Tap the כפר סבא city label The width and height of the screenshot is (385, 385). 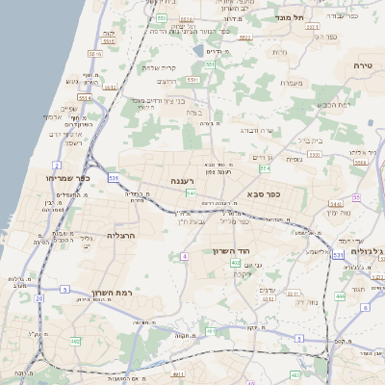pos(287,193)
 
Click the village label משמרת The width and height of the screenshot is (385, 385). pos(292,83)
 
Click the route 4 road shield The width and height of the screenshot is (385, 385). pos(183,256)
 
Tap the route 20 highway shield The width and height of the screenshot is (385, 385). pos(38,298)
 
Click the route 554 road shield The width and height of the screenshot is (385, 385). pos(263,168)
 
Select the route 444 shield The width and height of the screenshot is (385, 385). pos(340,296)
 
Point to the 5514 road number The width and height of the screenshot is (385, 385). pos(85,97)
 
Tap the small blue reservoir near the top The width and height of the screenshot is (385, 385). pos(198,50)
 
